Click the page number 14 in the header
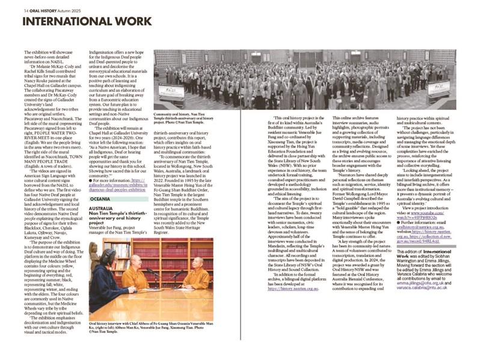(x=26, y=10)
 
